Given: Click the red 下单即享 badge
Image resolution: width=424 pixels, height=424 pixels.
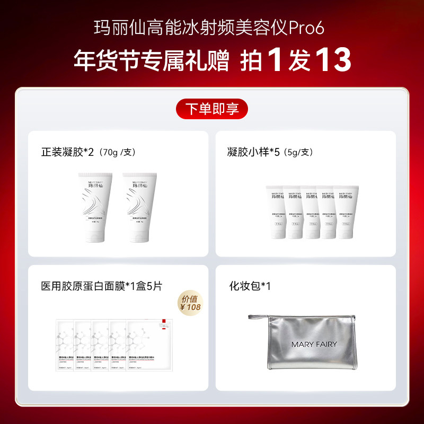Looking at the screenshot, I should tap(212, 109).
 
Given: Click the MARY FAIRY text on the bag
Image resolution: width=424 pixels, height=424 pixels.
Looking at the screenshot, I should tap(314, 344).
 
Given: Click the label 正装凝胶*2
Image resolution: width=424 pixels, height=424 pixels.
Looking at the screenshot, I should tap(67, 152).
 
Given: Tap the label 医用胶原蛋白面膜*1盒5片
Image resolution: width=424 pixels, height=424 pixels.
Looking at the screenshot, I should tap(102, 286).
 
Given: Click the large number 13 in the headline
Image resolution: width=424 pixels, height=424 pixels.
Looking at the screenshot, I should tap(333, 60).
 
